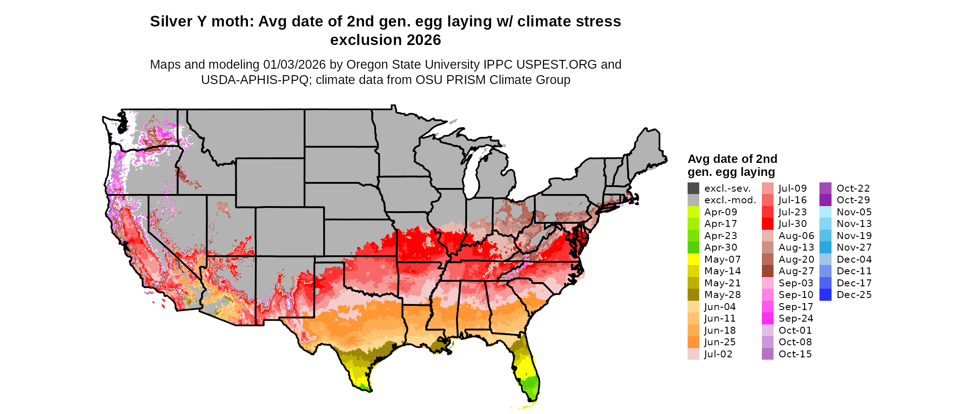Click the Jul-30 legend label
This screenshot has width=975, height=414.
pos(793,224)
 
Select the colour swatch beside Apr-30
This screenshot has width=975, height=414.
pos(693,247)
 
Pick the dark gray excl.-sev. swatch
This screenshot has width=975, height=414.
pos(693,188)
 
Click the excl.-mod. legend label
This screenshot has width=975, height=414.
pos(730,200)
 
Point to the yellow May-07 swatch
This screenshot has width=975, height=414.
pos(693,259)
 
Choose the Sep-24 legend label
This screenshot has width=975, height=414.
pos(796,318)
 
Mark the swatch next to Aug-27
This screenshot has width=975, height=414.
pos(768,271)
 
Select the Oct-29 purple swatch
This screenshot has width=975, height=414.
pos(825,200)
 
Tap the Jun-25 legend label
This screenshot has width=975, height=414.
pos(720,342)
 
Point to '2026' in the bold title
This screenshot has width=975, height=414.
pos(424,40)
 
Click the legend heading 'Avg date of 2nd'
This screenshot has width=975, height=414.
pos(732,159)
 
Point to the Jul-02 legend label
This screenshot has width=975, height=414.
pos(718,354)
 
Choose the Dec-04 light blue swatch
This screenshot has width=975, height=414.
pos(825,259)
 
